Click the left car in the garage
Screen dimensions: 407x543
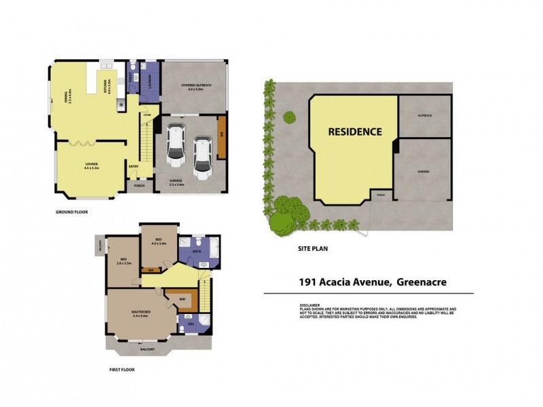click(175, 144)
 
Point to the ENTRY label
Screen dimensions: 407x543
click(134, 168)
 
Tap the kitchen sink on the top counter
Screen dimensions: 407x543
click(107, 65)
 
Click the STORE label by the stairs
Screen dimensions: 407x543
click(146, 116)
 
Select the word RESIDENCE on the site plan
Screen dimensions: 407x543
click(355, 132)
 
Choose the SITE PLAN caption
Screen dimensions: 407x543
click(313, 249)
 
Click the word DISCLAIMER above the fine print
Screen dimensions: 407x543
click(310, 305)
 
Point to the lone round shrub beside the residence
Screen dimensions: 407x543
click(291, 117)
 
